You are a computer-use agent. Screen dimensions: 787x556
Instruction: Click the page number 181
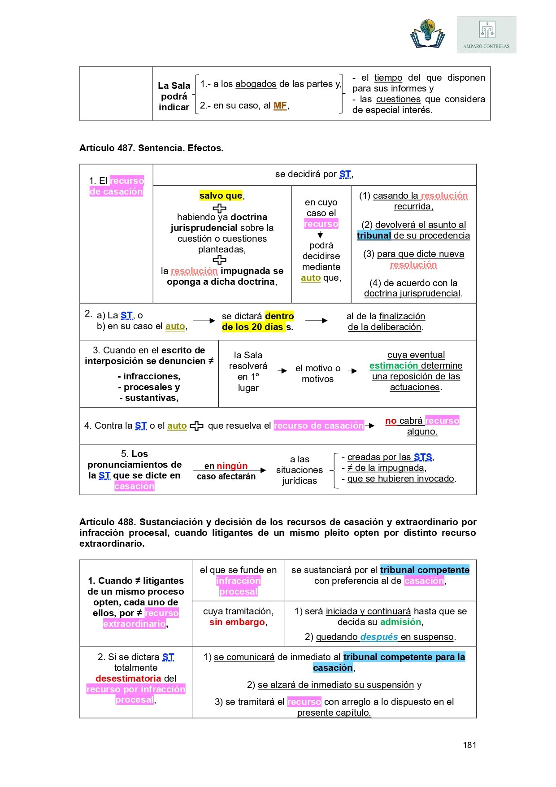click(469, 745)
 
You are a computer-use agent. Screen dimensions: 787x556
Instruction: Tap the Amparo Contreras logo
click(486, 35)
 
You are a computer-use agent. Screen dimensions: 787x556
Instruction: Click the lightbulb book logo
click(428, 34)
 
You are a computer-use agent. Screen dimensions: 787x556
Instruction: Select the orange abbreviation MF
click(280, 105)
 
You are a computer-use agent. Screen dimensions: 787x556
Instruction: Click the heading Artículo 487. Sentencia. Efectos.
click(152, 148)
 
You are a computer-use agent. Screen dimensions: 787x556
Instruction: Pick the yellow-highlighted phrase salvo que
click(221, 196)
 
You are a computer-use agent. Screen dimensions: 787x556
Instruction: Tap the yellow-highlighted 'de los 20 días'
click(253, 327)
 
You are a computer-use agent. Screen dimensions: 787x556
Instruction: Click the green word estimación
click(393, 365)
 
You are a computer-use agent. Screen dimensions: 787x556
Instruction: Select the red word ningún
click(232, 466)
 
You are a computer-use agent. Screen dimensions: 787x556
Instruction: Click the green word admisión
click(401, 622)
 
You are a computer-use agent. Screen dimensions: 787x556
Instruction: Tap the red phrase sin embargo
click(237, 622)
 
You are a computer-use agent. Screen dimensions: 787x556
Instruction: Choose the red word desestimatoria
click(128, 678)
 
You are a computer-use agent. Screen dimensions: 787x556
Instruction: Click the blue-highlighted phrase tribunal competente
click(425, 570)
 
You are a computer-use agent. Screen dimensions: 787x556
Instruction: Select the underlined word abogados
click(256, 84)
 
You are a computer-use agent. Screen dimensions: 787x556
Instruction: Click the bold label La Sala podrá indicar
click(174, 96)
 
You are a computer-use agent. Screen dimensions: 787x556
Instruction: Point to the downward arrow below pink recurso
click(321, 235)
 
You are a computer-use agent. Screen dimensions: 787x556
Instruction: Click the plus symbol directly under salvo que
click(219, 208)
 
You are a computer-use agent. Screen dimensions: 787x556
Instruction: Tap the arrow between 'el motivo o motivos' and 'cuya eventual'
click(353, 371)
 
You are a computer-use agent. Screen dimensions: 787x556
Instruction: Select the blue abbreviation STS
click(423, 457)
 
